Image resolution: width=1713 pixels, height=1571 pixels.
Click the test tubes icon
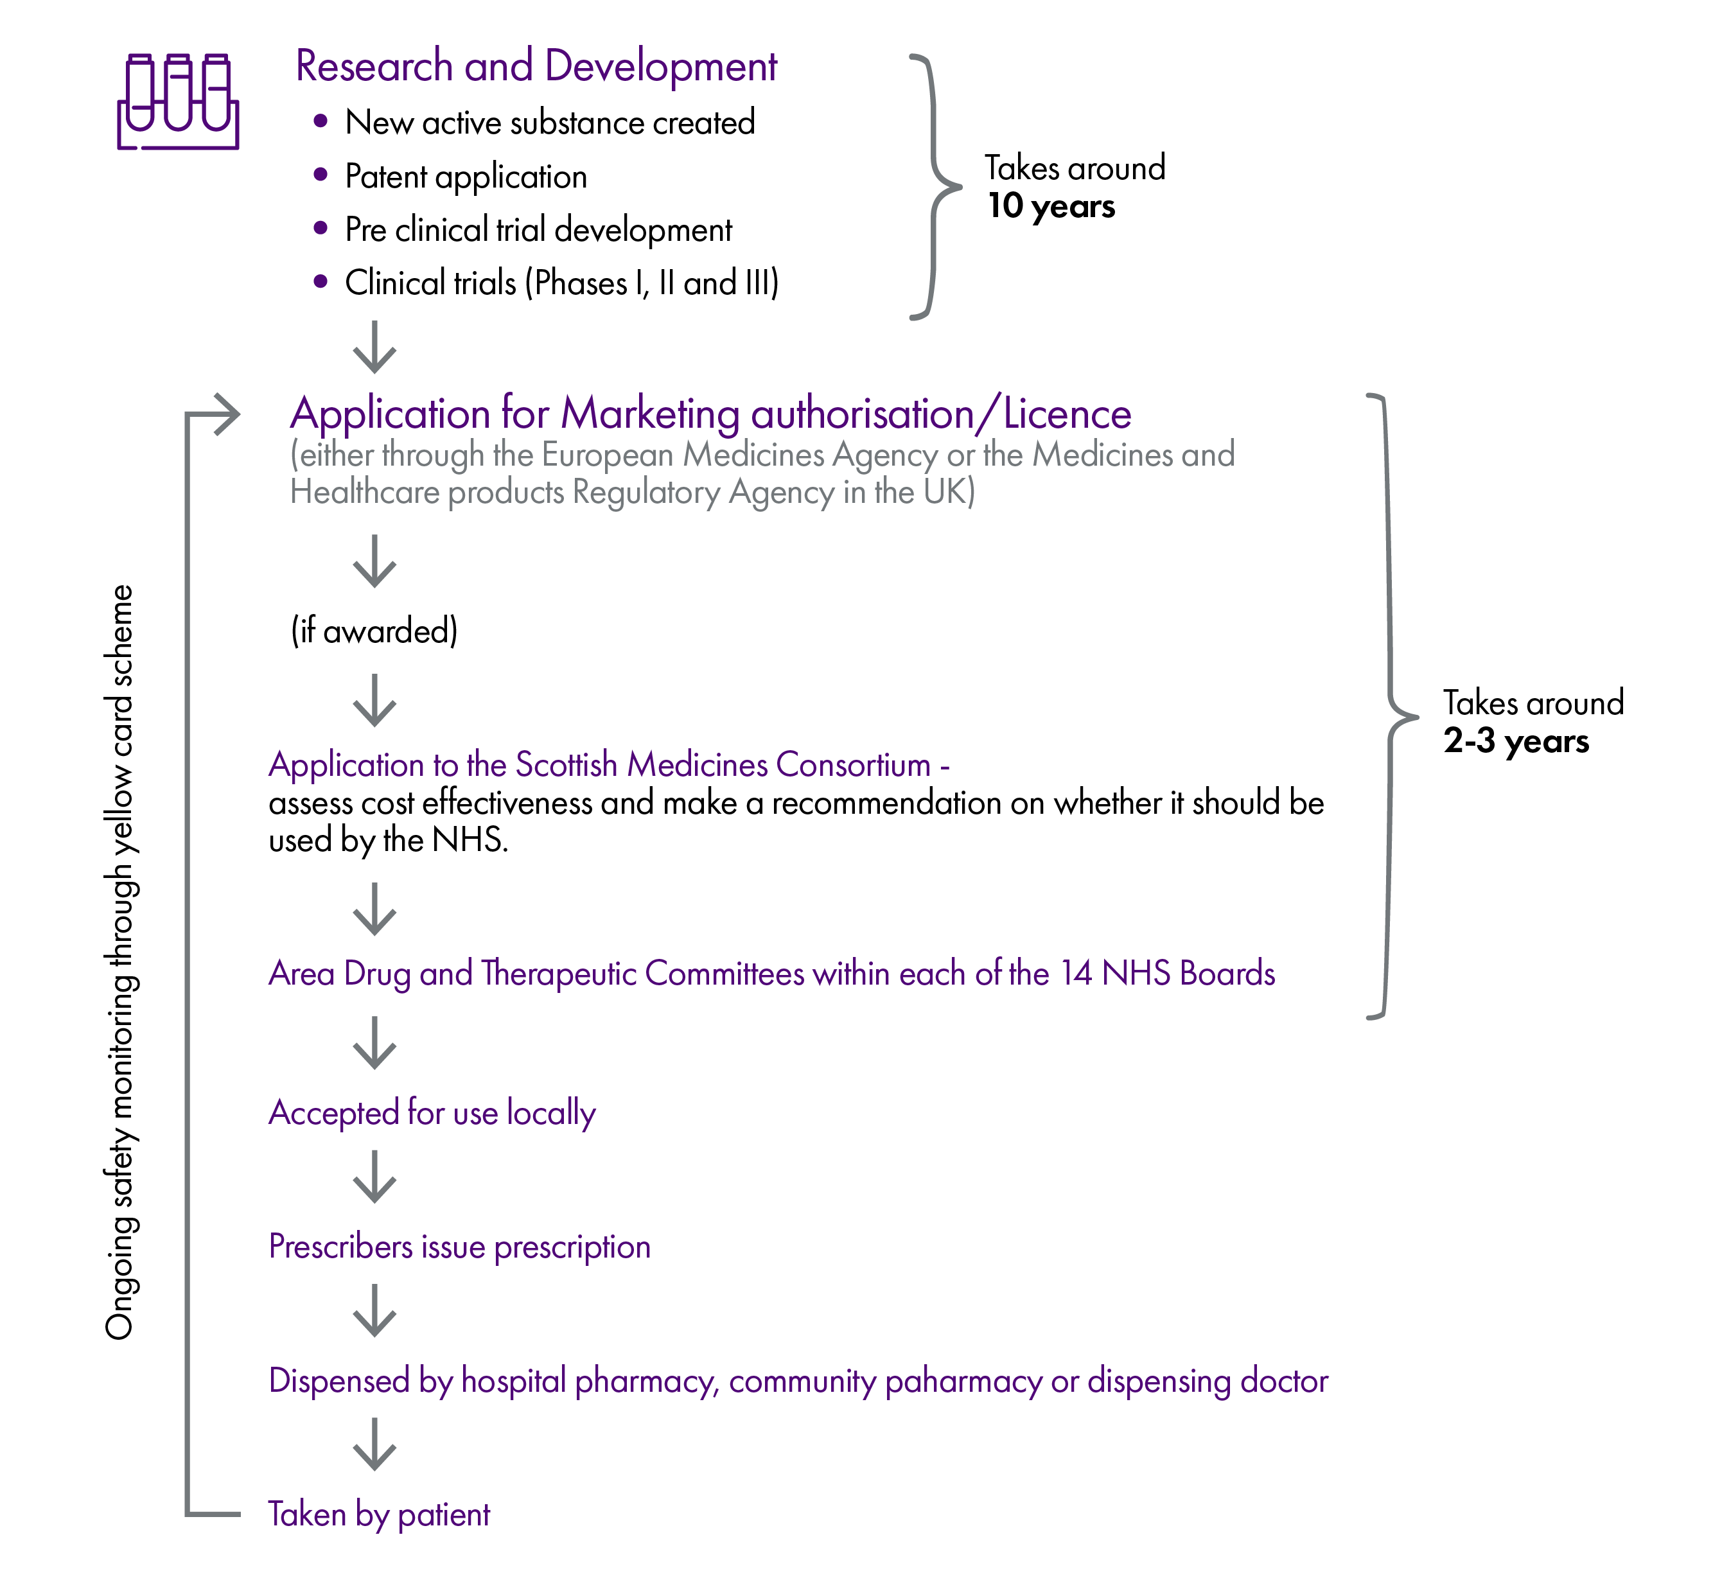click(x=178, y=101)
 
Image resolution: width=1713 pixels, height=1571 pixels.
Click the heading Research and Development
click(x=536, y=66)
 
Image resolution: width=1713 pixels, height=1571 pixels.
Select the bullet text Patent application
click(x=466, y=177)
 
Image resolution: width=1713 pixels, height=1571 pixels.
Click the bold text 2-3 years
click(x=1516, y=741)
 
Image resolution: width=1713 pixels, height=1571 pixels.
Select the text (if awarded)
click(x=374, y=631)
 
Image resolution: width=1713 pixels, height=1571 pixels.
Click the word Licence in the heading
click(x=1067, y=414)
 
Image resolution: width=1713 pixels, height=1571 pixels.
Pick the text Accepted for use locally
click(x=432, y=1113)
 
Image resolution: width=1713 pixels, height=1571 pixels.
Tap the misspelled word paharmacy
click(x=963, y=1382)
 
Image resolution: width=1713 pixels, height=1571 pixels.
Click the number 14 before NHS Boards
click(x=1075, y=974)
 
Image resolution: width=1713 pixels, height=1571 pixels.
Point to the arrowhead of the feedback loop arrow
click(x=229, y=414)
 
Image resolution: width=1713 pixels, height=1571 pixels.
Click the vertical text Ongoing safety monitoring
click(x=120, y=961)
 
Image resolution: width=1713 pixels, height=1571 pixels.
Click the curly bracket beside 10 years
click(x=935, y=187)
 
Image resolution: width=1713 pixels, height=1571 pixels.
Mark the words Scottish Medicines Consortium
click(x=723, y=765)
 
